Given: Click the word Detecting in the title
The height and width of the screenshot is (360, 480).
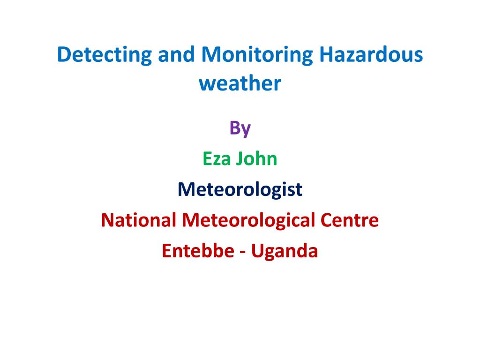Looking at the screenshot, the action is click(105, 56).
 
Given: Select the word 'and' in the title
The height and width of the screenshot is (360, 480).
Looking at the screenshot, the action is click(176, 54).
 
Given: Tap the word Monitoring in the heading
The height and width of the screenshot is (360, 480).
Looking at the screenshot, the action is click(257, 56).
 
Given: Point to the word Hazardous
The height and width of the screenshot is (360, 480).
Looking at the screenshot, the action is click(371, 54).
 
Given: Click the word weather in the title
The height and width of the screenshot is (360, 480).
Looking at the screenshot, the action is click(240, 83).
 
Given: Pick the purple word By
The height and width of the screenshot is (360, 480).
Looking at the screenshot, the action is click(240, 129).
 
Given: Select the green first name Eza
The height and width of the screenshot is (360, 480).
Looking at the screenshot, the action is click(217, 159).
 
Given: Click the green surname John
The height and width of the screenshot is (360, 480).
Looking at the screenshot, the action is click(256, 159).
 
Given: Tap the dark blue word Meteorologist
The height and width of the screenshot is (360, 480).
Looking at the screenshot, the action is click(240, 190).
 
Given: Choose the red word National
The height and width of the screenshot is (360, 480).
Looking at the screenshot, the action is click(139, 220).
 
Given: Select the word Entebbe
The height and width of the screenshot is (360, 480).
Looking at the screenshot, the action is click(198, 251).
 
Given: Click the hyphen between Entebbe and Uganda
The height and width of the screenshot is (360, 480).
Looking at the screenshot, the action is click(243, 252).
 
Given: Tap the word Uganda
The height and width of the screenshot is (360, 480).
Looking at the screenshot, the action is click(285, 252).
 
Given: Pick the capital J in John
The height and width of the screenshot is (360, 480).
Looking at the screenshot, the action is click(240, 159).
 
